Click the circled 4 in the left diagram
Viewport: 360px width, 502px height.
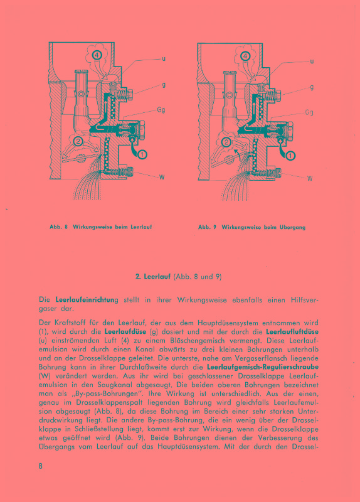click(x=98, y=55)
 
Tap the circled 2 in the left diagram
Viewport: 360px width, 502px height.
click(x=78, y=141)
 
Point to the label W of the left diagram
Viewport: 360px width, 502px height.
click(x=162, y=177)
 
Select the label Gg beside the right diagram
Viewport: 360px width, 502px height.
click(x=309, y=113)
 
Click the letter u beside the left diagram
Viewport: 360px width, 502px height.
click(x=163, y=60)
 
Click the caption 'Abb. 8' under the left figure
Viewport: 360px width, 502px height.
click(x=58, y=226)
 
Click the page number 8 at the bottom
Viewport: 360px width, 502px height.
click(x=40, y=466)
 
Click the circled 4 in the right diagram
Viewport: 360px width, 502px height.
click(x=246, y=55)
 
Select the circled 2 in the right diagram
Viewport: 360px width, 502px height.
click(x=226, y=142)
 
